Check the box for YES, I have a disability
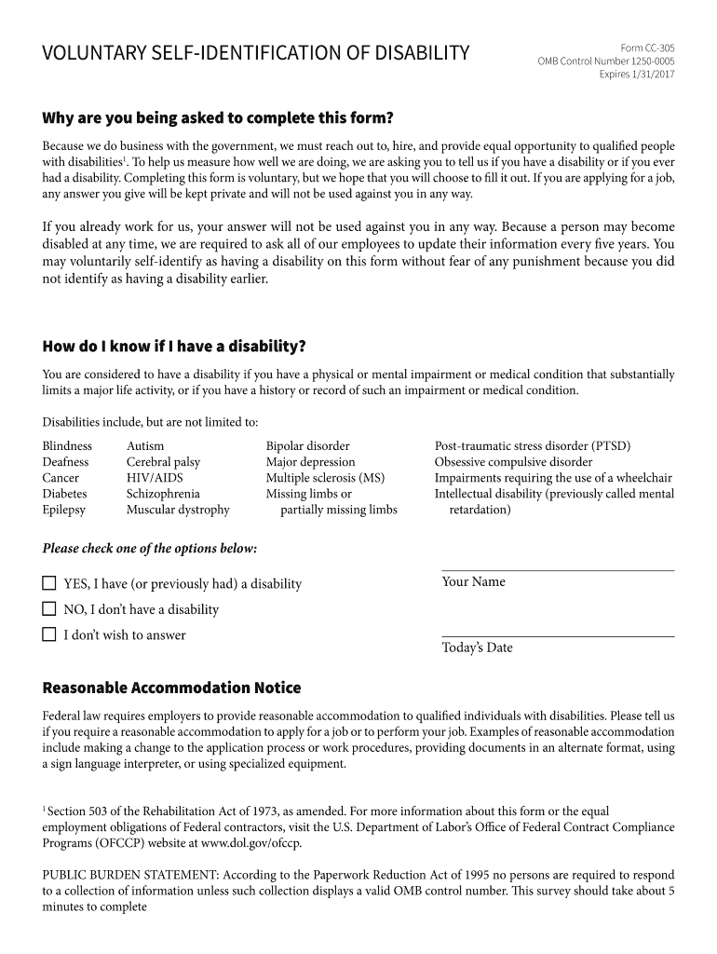49,584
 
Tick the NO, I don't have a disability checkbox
49,609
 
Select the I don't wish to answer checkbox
49,635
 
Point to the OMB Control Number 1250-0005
606,61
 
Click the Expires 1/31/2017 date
637,75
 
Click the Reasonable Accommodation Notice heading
171,688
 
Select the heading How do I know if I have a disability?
174,347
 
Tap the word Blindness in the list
67,446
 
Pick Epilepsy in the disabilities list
63,510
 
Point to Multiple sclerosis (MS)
325,478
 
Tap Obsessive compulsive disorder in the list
513,462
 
